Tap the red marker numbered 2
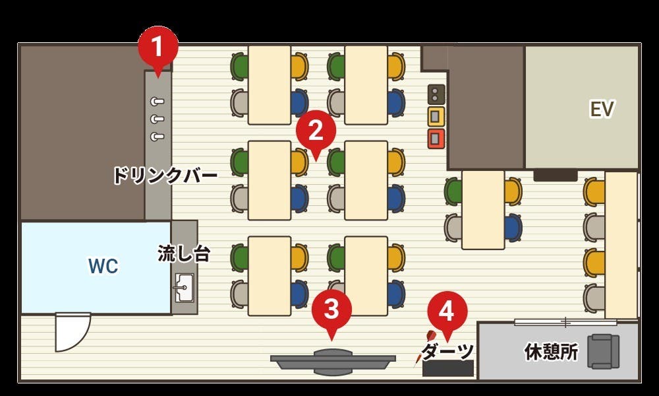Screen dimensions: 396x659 click(x=316, y=131)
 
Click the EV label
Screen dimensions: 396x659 click(x=602, y=110)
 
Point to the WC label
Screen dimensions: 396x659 click(x=103, y=267)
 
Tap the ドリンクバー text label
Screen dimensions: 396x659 click(x=164, y=176)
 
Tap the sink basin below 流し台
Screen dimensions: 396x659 click(x=184, y=288)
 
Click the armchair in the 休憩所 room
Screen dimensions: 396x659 click(x=603, y=351)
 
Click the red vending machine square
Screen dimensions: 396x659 click(x=436, y=139)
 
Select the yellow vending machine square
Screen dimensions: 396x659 click(x=436, y=117)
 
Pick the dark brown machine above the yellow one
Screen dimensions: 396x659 click(x=436, y=94)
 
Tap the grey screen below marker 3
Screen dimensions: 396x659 click(x=333, y=362)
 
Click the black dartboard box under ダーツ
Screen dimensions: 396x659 click(x=448, y=368)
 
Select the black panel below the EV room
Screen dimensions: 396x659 click(x=555, y=176)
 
